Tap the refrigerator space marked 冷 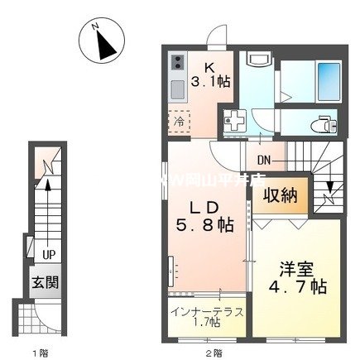[x=180, y=122]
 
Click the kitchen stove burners [x=179, y=63]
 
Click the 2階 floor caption [x=214, y=353]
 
